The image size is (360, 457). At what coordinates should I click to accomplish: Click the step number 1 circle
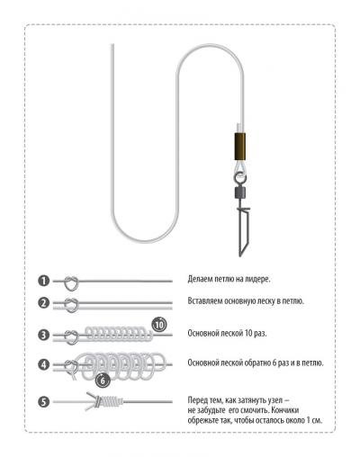tap(43, 282)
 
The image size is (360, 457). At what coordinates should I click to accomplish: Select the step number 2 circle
tap(43, 302)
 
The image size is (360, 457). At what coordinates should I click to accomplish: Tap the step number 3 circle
tap(43, 335)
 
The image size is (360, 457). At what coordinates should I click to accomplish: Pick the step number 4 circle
tap(43, 364)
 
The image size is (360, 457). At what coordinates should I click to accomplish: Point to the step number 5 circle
tap(43, 402)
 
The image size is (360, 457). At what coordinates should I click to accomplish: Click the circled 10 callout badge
tap(159, 325)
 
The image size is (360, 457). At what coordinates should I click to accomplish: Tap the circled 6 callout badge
tap(103, 381)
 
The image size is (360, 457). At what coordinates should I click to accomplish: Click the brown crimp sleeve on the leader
tap(239, 146)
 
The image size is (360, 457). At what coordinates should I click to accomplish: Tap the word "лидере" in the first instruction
tap(258, 279)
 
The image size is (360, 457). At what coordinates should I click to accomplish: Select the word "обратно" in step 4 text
tap(256, 363)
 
